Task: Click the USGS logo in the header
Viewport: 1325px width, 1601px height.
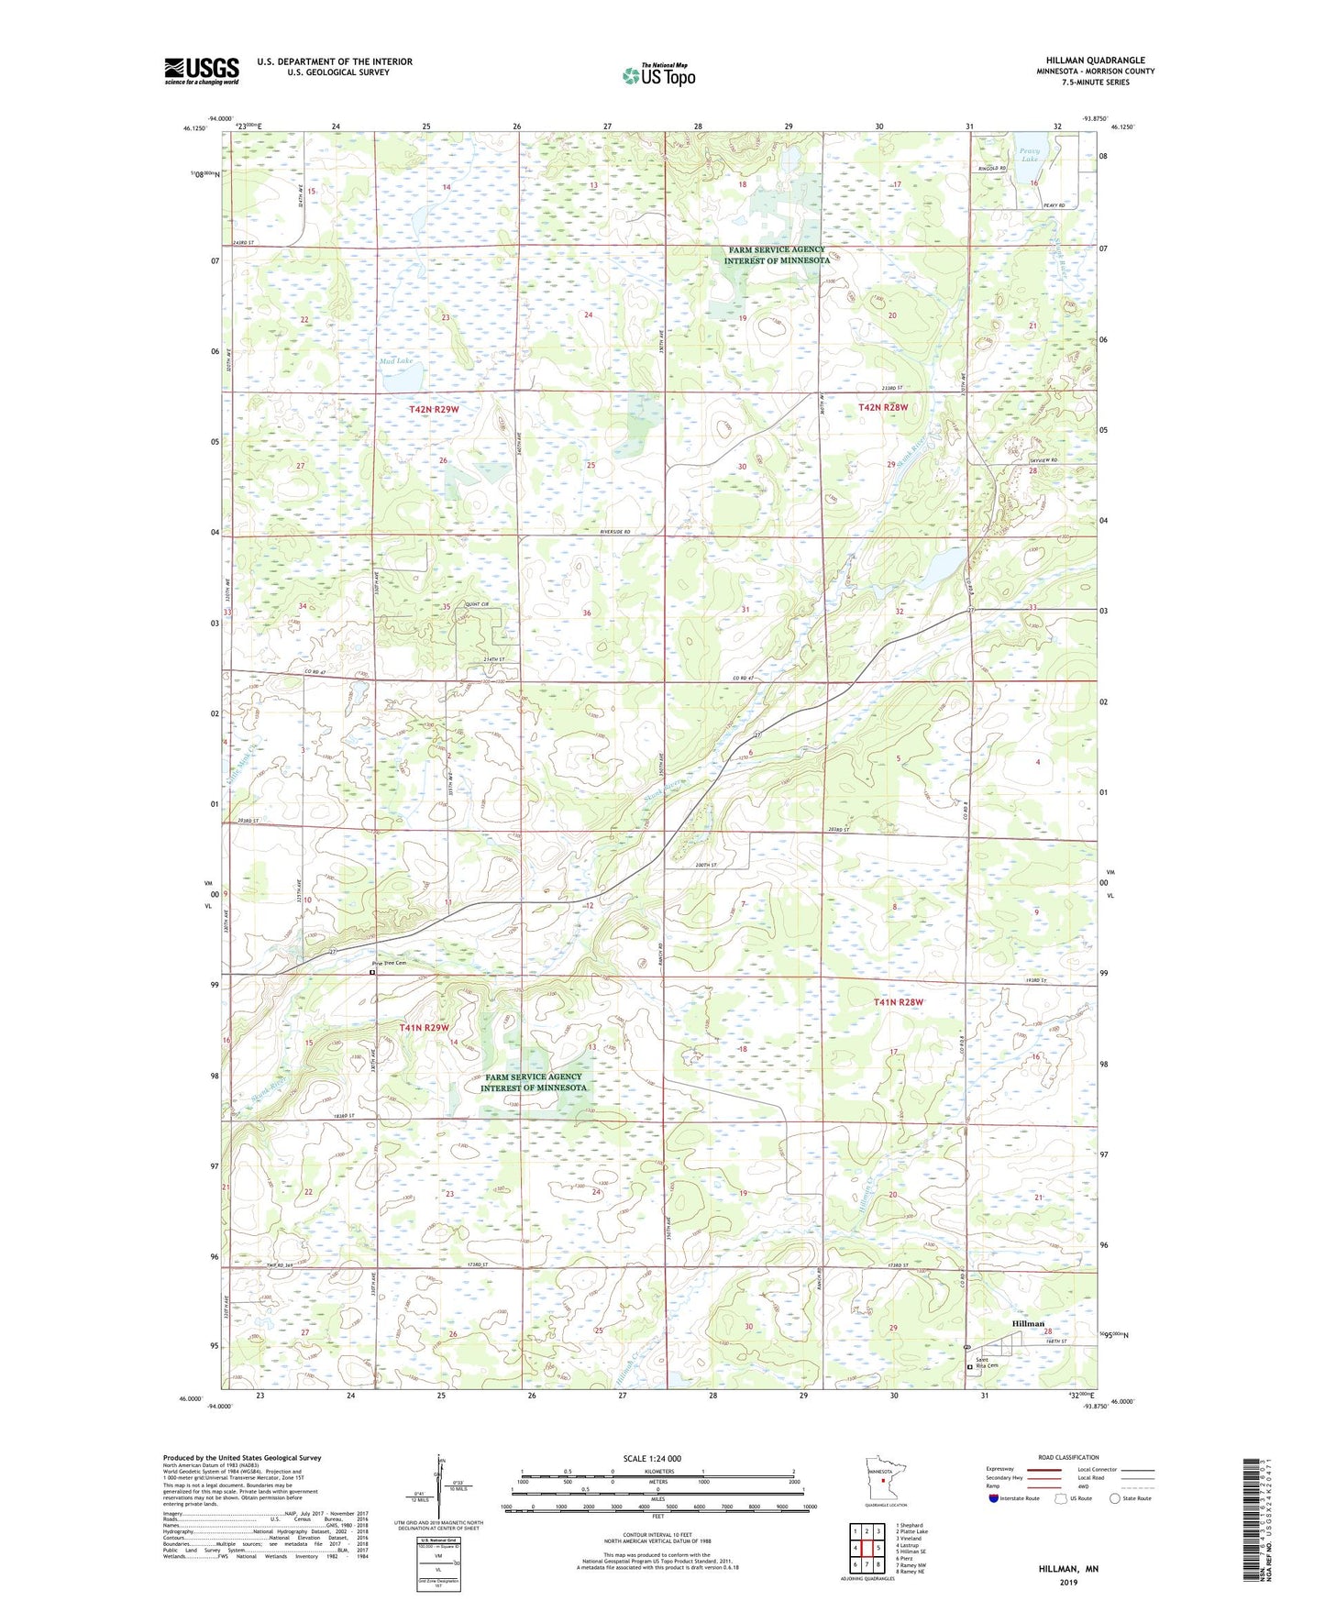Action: pyautogui.click(x=202, y=71)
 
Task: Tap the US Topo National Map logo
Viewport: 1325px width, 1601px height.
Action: pyautogui.click(x=658, y=74)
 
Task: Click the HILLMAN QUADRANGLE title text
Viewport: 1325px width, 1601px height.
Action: pyautogui.click(x=1095, y=61)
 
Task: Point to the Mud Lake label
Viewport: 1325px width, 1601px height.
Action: pyautogui.click(x=396, y=361)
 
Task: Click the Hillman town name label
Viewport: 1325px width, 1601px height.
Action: pyautogui.click(x=1028, y=1324)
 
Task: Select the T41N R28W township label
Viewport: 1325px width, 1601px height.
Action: pyautogui.click(x=898, y=1002)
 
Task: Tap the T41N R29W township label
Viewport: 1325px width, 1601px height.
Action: pyautogui.click(x=424, y=1028)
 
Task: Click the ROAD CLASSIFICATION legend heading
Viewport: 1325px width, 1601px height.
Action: pyautogui.click(x=1068, y=1457)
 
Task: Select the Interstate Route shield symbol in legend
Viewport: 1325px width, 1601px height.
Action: pyautogui.click(x=994, y=1498)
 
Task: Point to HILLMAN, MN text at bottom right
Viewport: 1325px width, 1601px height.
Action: pyautogui.click(x=1068, y=1569)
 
